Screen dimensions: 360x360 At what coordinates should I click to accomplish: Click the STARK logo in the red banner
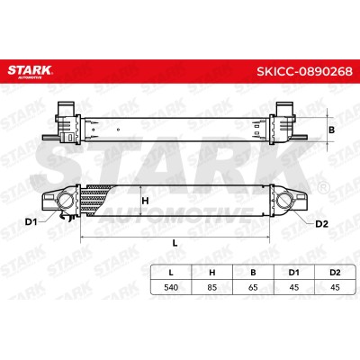30,71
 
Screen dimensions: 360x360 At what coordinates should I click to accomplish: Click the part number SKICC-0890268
304,71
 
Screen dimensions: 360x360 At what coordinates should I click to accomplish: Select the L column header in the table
171,273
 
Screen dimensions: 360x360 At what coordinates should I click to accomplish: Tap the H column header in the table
212,273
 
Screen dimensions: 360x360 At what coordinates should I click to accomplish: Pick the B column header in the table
253,273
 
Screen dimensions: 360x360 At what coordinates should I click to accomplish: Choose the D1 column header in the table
294,273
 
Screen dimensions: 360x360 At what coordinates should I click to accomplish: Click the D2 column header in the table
335,273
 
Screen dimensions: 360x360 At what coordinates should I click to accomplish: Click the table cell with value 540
171,287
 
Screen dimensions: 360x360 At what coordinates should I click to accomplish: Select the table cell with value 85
212,287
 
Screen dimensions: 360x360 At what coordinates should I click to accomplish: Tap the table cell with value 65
253,287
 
